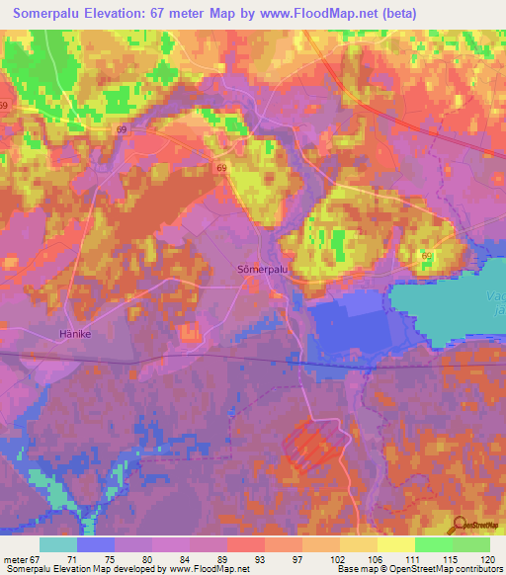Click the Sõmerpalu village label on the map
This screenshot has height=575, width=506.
(264, 268)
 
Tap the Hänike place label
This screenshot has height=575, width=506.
(74, 334)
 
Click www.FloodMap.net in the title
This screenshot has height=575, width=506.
(312, 14)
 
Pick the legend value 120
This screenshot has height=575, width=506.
(486, 559)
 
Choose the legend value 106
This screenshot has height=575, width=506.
(372, 559)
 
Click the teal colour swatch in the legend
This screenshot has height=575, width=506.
(58, 544)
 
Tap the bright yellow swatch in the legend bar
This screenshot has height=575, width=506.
(395, 544)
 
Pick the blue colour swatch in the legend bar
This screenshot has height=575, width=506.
(96, 544)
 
